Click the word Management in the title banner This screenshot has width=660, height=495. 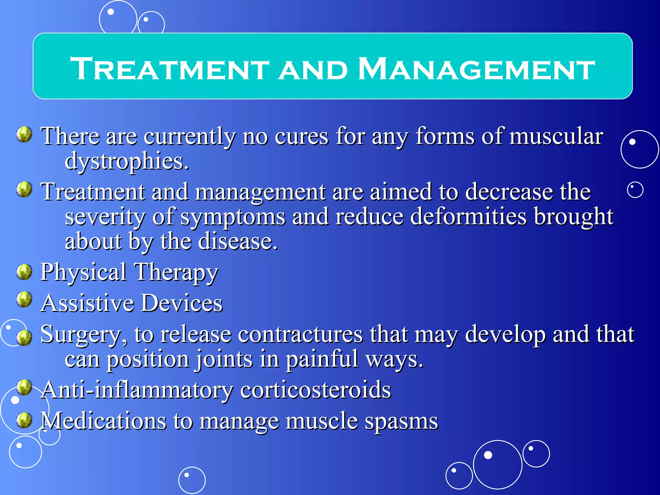click(476, 69)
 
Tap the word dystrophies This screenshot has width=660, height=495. click(126, 161)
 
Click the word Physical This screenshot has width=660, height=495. click(83, 273)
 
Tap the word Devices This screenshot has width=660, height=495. click(182, 303)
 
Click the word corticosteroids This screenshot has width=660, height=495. click(315, 390)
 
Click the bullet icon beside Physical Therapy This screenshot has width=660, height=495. click(24, 272)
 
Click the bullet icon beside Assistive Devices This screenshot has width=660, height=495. click(24, 300)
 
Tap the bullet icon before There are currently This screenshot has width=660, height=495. click(24, 134)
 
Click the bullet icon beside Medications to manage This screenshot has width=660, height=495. click(24, 420)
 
